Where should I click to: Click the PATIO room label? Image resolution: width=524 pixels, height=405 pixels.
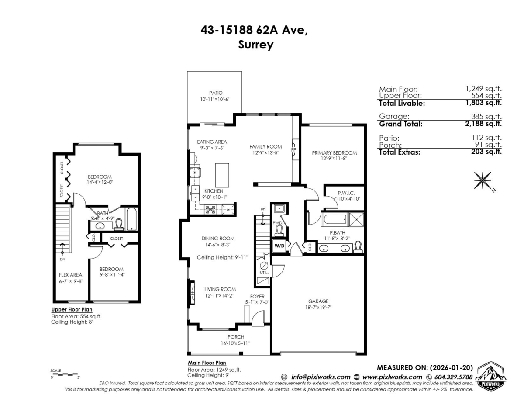pyautogui.click(x=216, y=93)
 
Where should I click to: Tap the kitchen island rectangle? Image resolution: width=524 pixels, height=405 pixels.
pyautogui.click(x=222, y=175)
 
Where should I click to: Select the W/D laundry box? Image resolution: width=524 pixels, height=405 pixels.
pyautogui.click(x=279, y=246)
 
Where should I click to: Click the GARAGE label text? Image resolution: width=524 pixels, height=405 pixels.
pyautogui.click(x=318, y=301)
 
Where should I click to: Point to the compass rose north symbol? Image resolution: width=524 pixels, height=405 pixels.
pyautogui.click(x=483, y=180)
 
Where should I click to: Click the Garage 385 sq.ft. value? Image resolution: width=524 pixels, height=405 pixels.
pyautogui.click(x=486, y=116)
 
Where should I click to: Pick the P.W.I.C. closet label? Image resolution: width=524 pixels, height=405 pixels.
pyautogui.click(x=346, y=193)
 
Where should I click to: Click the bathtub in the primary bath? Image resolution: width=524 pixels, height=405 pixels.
pyautogui.click(x=334, y=219)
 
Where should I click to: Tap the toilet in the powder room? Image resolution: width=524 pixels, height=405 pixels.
pyautogui.click(x=279, y=230)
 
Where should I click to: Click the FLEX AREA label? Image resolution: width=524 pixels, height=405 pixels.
pyautogui.click(x=70, y=275)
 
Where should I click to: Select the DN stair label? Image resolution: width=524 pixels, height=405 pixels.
pyautogui.click(x=62, y=259)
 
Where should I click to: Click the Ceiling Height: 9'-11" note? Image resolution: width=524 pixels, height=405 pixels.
pyautogui.click(x=222, y=257)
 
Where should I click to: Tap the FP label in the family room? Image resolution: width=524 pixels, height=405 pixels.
pyautogui.click(x=293, y=149)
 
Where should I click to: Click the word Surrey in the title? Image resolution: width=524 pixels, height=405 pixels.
pyautogui.click(x=255, y=45)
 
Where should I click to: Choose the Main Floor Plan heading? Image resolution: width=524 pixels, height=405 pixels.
pyautogui.click(x=207, y=363)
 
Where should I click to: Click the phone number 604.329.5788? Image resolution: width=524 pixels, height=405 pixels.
pyautogui.click(x=453, y=377)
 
